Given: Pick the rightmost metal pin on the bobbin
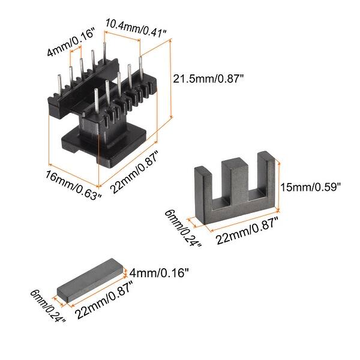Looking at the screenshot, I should tap(140, 72).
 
